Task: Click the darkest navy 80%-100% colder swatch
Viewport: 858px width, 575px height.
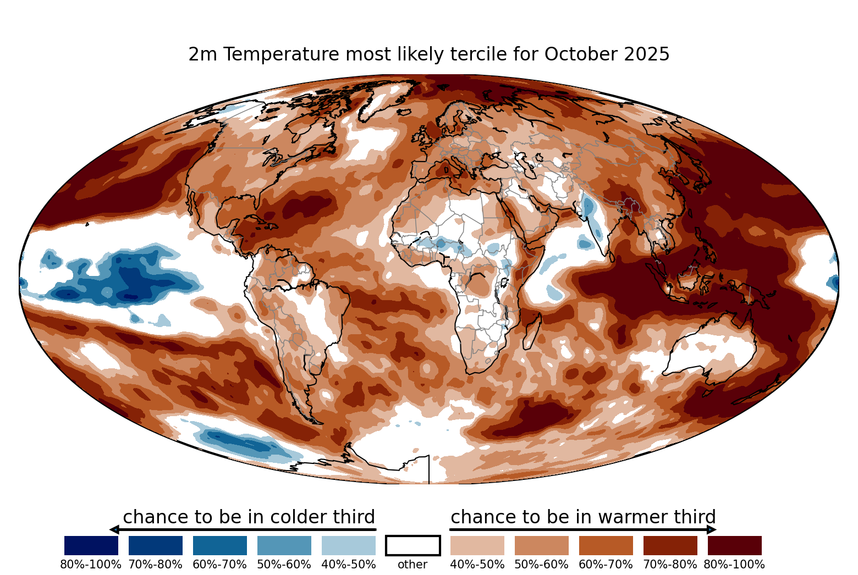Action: tap(91, 545)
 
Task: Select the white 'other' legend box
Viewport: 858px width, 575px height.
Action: tap(413, 545)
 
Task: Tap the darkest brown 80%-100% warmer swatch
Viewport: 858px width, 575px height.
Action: tap(735, 545)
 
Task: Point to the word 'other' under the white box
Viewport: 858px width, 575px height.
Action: tap(413, 565)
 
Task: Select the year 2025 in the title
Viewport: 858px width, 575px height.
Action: tap(647, 54)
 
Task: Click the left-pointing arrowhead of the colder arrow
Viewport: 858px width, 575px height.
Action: tap(114, 530)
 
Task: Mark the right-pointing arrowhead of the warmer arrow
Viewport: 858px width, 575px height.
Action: tap(712, 530)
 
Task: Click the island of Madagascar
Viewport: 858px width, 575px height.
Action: tap(532, 331)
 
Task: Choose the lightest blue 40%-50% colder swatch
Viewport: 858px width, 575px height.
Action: tap(349, 545)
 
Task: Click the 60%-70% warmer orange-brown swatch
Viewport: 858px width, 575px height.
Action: tap(606, 545)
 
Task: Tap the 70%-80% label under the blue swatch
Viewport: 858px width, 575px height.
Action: tap(155, 565)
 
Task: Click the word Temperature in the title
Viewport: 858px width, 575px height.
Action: tap(281, 54)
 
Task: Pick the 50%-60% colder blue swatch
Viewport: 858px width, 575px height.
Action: tap(284, 545)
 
